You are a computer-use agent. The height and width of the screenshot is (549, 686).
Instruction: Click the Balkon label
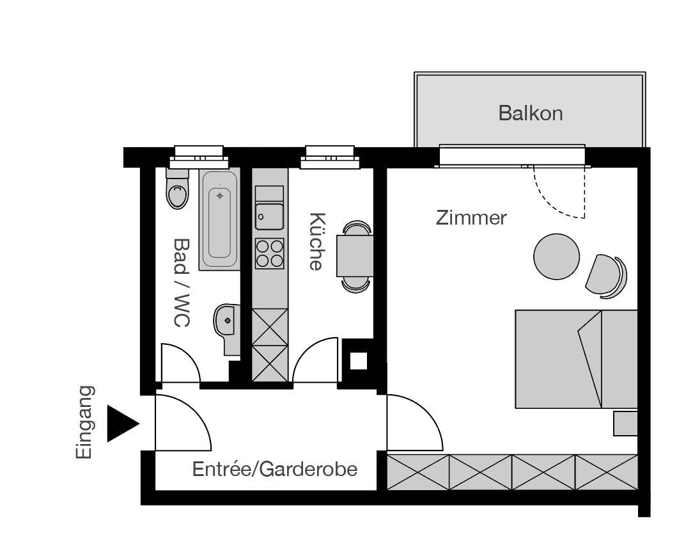530,113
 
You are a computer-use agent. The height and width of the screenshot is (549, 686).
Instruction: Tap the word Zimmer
471,218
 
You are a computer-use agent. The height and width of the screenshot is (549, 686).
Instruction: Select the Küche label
316,241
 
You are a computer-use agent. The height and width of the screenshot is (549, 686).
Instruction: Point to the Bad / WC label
182,282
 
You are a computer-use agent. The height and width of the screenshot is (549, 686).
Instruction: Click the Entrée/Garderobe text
275,470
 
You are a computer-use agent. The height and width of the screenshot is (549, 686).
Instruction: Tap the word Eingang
84,422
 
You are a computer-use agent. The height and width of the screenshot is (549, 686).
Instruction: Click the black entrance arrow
121,423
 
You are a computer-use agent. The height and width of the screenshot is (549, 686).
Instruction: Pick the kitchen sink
269,216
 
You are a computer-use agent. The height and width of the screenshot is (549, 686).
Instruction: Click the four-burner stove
269,253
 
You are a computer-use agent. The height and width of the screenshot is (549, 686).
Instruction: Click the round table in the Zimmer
556,256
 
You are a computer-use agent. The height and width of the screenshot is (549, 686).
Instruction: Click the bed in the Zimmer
576,359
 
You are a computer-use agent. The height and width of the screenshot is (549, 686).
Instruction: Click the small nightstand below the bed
625,424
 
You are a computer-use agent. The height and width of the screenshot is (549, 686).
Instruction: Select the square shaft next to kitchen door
359,362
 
